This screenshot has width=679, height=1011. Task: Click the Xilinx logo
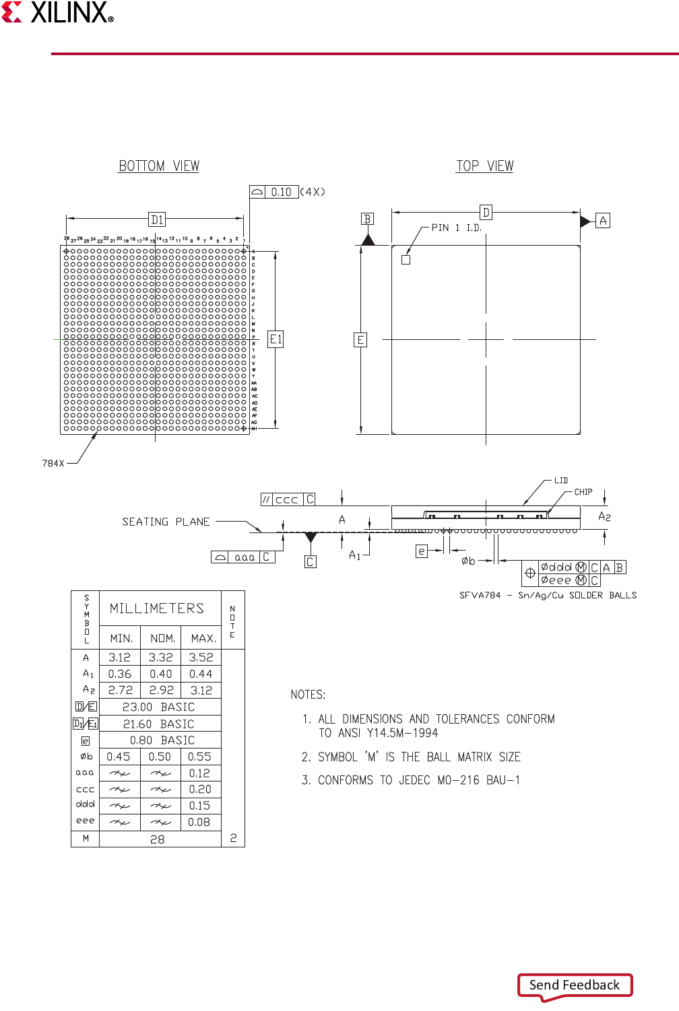click(x=58, y=12)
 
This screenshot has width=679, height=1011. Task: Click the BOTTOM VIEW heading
click(x=159, y=166)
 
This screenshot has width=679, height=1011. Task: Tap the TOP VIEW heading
click(x=484, y=166)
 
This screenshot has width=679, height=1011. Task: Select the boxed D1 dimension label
click(x=157, y=219)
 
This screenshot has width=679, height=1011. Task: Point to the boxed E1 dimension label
click(x=276, y=339)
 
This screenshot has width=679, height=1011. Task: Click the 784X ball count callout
click(x=53, y=463)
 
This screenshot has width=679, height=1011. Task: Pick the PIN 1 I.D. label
click(x=456, y=228)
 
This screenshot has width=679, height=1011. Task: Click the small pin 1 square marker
click(x=406, y=260)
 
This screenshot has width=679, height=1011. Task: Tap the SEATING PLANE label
click(x=166, y=522)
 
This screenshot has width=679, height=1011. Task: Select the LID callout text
click(x=561, y=481)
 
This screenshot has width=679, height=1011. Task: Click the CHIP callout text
click(x=583, y=492)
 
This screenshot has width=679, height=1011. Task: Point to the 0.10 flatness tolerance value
click(x=281, y=192)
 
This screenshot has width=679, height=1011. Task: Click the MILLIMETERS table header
click(x=157, y=608)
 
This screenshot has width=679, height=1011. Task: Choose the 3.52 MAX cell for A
click(x=201, y=657)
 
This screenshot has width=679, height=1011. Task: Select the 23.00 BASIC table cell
click(x=158, y=707)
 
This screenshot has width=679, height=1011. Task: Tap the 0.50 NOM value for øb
click(x=160, y=757)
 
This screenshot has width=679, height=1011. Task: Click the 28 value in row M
click(x=158, y=839)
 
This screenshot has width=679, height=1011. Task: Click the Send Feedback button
click(x=575, y=985)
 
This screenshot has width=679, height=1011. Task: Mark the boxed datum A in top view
click(x=603, y=221)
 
